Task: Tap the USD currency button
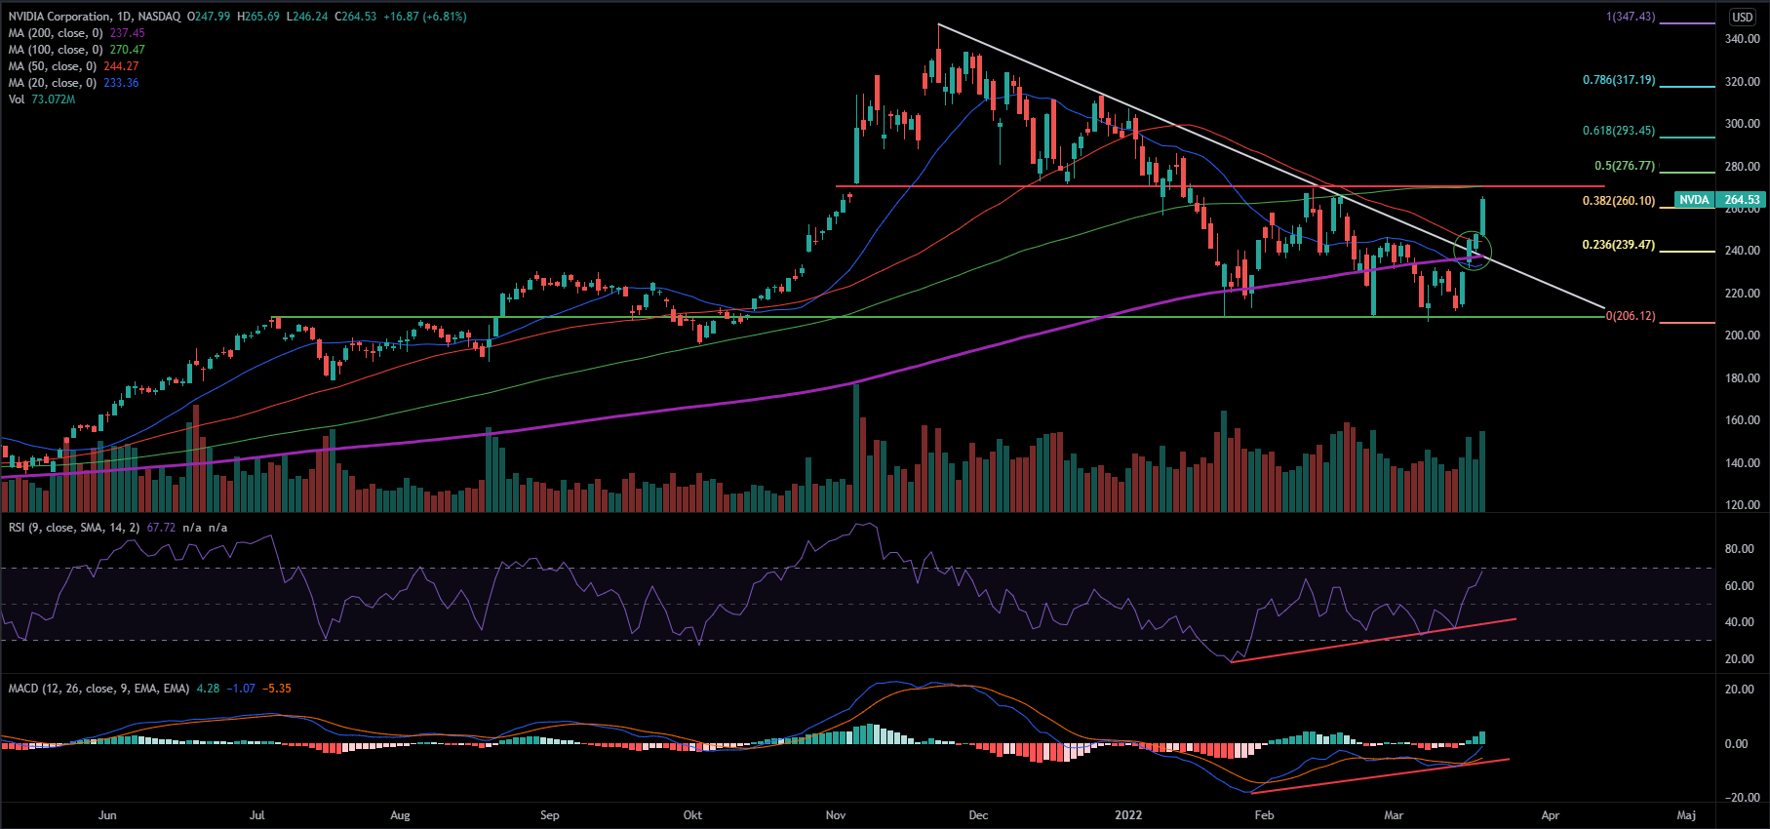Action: pos(1743,17)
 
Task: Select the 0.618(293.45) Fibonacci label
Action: pos(1619,131)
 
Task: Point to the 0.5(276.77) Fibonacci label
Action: pos(1625,166)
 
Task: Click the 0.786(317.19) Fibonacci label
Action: pos(1619,80)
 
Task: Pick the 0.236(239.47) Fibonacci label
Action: pos(1619,245)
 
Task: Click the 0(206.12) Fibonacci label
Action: pos(1631,316)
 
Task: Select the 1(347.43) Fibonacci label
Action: pos(1631,17)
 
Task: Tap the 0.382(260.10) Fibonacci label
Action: pos(1619,201)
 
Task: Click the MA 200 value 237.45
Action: pos(127,33)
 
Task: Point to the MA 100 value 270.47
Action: pos(127,50)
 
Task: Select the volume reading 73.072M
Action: pos(53,99)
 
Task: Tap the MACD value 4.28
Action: pos(208,689)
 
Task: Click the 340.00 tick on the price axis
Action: pos(1742,39)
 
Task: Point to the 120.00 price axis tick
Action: pos(1742,505)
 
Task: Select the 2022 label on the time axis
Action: pos(1128,815)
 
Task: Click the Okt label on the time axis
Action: pos(692,815)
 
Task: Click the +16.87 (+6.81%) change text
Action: pos(424,17)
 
